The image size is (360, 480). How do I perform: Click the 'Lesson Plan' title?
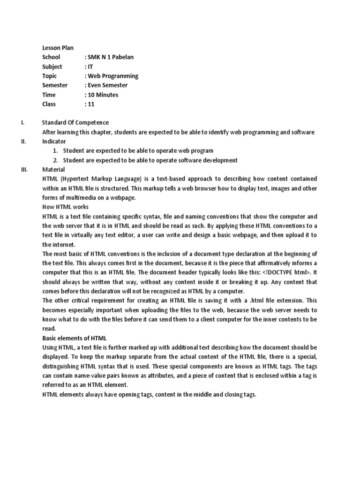click(58, 48)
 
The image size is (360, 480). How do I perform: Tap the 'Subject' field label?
click(52, 67)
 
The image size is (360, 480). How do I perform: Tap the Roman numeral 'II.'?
click(23, 141)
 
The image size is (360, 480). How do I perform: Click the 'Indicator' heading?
click(54, 141)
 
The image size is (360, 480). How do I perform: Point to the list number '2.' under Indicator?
click(55, 160)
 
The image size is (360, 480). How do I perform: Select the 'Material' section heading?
click(53, 169)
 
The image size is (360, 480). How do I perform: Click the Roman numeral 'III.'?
click(24, 169)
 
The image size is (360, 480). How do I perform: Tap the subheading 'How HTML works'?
click(65, 207)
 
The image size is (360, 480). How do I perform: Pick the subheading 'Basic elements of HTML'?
click(75, 338)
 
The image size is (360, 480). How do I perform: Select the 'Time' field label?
click(49, 95)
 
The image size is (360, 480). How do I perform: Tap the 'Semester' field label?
click(55, 85)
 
